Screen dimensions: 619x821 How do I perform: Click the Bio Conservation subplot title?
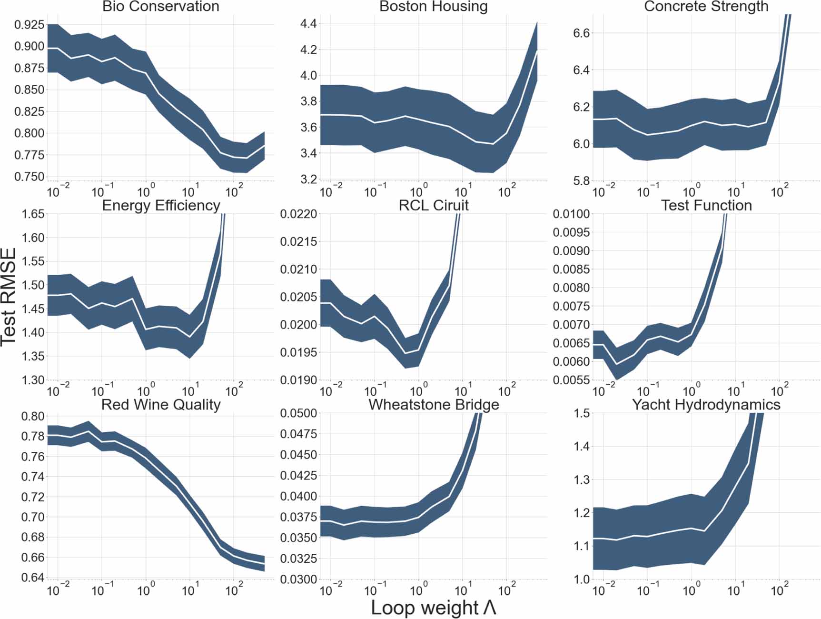(161, 7)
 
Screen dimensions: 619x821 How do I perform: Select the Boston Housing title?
(433, 7)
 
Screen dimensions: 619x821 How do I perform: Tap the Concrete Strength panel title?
(706, 7)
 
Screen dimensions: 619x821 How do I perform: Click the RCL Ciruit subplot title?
(433, 205)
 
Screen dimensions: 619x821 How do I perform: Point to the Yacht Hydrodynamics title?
(706, 405)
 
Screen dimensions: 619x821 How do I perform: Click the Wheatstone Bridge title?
(434, 405)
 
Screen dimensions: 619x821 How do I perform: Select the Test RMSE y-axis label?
(9, 296)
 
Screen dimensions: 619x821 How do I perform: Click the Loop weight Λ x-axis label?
(433, 608)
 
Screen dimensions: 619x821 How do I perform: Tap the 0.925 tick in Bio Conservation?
(30, 25)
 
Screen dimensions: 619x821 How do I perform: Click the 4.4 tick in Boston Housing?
(308, 24)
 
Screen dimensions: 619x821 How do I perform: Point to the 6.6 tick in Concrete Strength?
(581, 33)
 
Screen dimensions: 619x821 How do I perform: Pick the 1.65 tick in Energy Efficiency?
(33, 214)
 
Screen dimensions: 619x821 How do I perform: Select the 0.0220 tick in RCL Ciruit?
(298, 214)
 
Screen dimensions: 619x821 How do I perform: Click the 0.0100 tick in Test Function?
(571, 214)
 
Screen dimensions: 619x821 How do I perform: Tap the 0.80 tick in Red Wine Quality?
(33, 416)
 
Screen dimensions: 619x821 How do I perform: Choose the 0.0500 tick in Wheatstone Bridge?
(298, 413)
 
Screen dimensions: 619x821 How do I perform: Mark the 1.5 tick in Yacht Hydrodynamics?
(581, 413)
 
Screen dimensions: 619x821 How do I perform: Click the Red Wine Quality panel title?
(161, 405)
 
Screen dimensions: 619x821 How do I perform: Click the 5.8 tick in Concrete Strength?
(581, 181)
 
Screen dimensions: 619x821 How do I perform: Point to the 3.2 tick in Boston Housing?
(308, 180)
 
